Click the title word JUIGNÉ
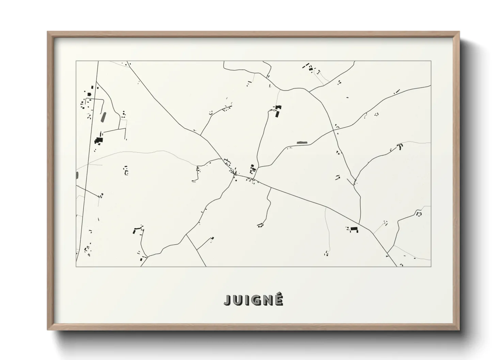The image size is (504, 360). click(x=253, y=300)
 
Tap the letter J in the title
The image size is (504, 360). click(x=227, y=300)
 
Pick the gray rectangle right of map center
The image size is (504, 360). click(x=301, y=143)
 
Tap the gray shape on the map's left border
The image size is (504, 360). click(x=77, y=175)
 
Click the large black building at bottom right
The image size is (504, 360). click(x=355, y=229)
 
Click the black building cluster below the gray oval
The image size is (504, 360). click(x=99, y=140)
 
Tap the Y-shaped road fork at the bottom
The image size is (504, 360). click(x=186, y=235)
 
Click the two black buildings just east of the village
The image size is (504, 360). click(x=252, y=168)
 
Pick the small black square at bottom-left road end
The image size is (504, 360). click(x=141, y=260)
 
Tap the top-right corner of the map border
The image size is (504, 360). click(x=431, y=61)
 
